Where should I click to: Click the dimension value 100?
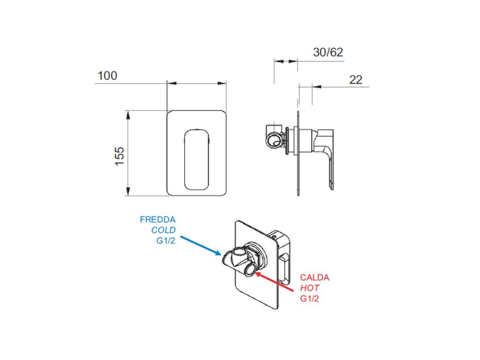pos(107,75)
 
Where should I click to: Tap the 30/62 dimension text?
pos(328,52)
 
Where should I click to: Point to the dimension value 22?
pos(356,80)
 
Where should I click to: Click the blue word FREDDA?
pos(157,219)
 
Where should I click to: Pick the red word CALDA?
pos(315,277)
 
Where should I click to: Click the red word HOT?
pos(310,288)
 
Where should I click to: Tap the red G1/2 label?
pos(310,299)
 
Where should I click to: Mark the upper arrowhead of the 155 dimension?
pos(127,114)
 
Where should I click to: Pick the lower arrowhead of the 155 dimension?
pos(127,192)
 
